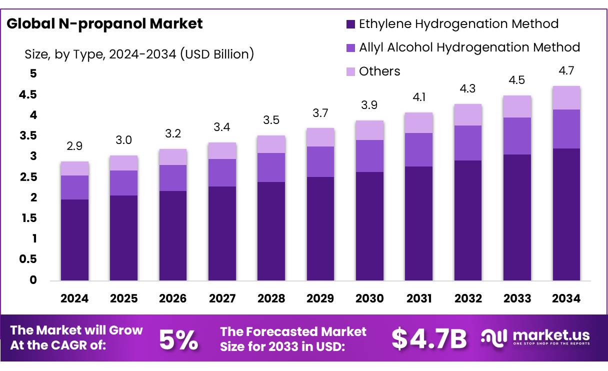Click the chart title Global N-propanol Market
[104, 23]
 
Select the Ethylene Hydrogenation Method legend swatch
[350, 23]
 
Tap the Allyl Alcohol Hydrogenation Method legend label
[469, 47]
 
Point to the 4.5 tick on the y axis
[28, 95]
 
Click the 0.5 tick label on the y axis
[28, 259]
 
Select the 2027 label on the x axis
[222, 298]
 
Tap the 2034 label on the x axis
[566, 298]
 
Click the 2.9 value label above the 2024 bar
[74, 146]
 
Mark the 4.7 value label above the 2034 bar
[566, 71]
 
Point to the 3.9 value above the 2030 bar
[369, 105]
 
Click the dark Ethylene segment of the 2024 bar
[74, 240]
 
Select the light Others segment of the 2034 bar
[566, 97]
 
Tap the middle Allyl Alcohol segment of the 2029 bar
[320, 161]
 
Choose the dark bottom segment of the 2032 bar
[468, 220]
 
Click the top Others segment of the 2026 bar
[173, 157]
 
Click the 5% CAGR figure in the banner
[178, 339]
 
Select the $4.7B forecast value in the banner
[429, 339]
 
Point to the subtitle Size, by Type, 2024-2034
[139, 54]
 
